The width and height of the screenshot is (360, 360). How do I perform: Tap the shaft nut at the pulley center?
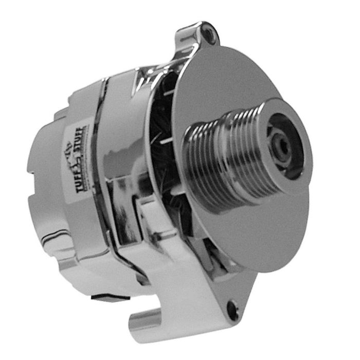tap(282, 147)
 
